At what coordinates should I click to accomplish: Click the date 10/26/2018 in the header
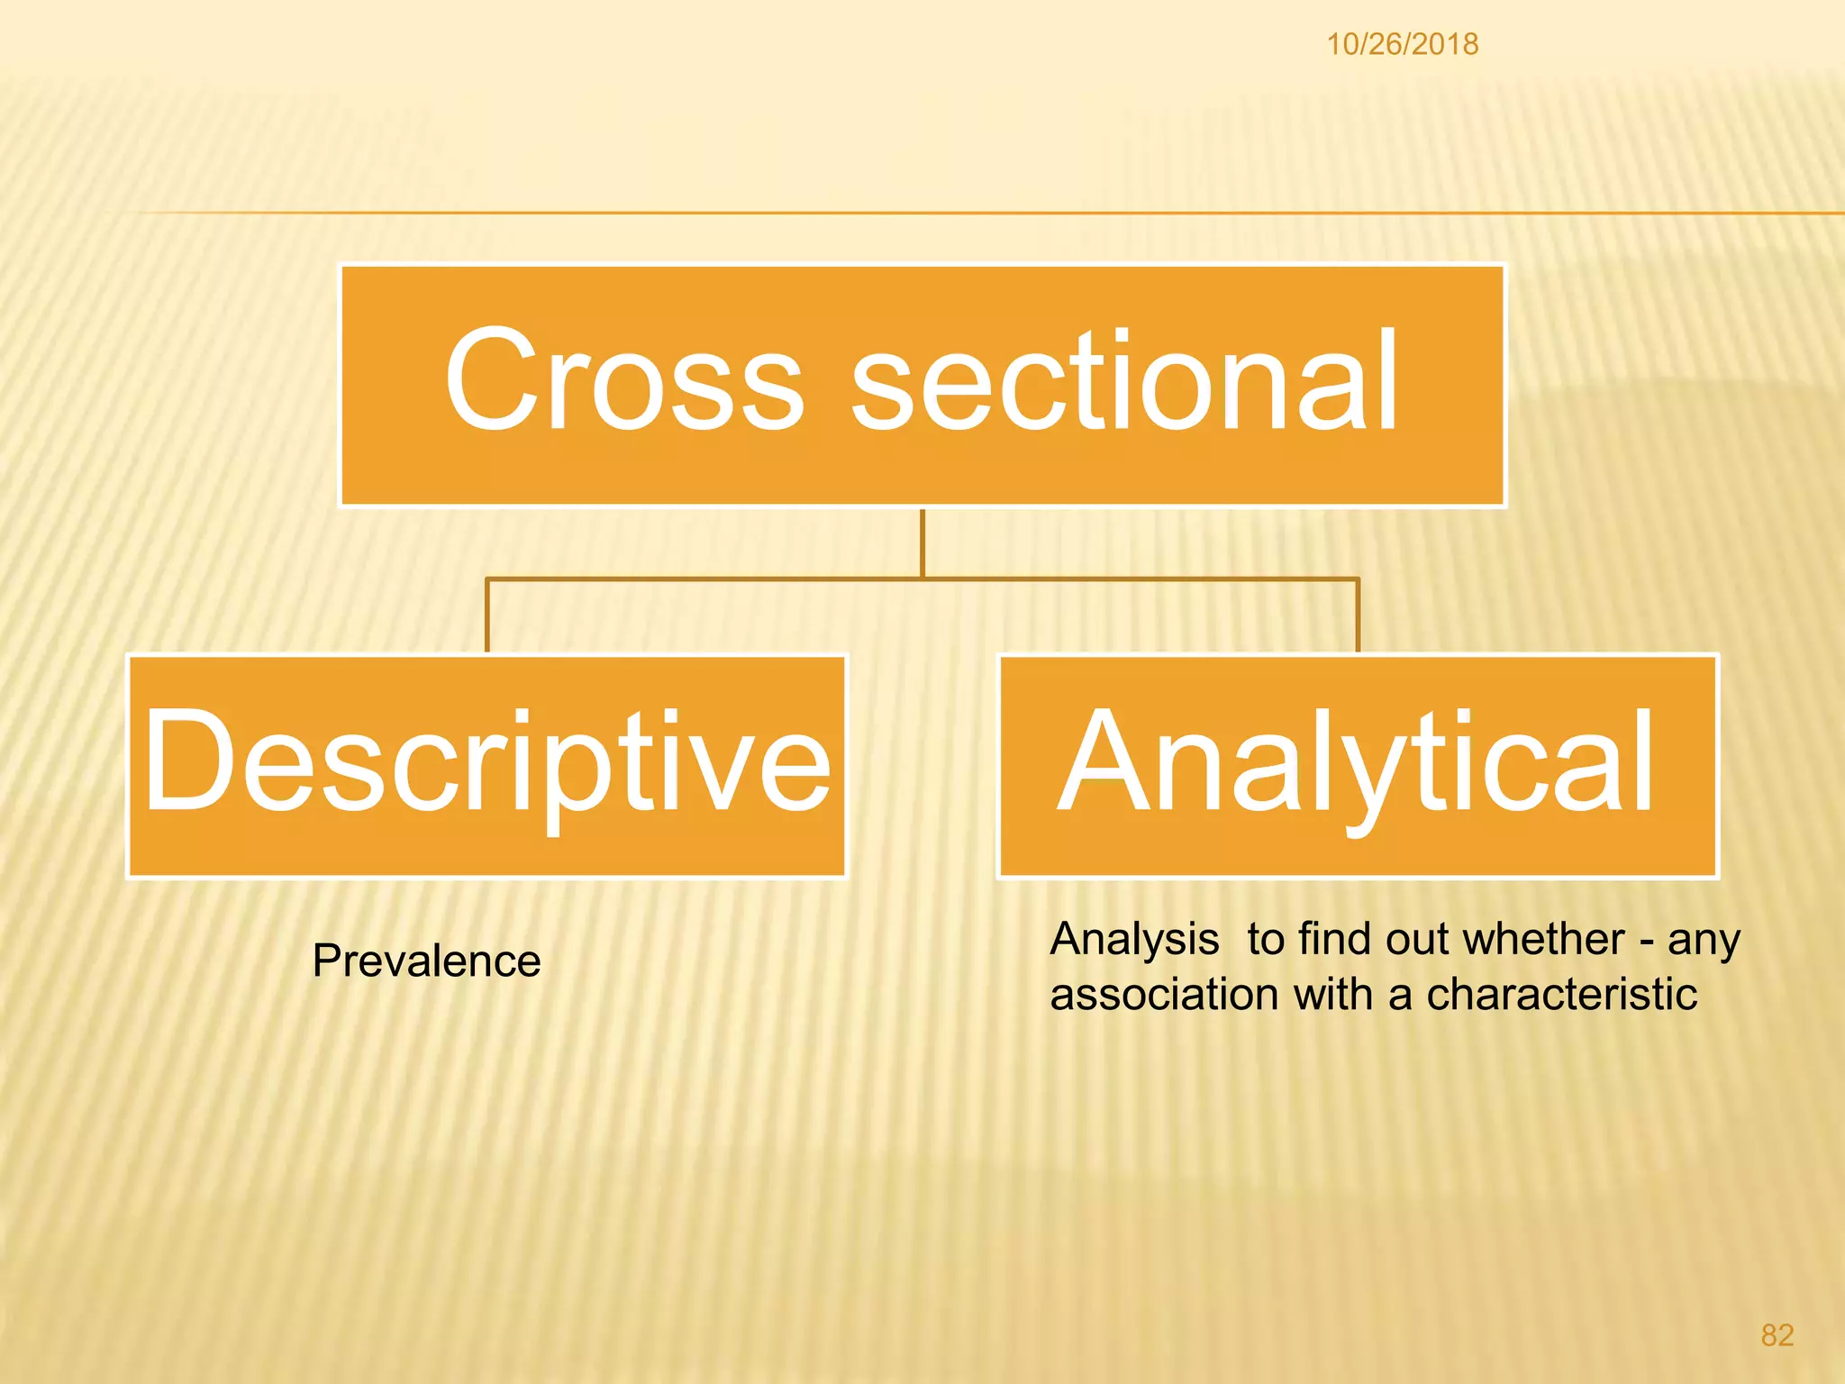[x=1402, y=44]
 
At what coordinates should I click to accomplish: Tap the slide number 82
[x=1777, y=1335]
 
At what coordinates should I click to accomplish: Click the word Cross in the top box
[x=623, y=380]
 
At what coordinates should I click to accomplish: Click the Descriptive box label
[x=486, y=762]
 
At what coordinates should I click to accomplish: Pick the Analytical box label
[x=1357, y=762]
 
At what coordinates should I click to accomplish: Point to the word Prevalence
[x=426, y=961]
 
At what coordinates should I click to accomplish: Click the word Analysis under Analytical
[x=1134, y=940]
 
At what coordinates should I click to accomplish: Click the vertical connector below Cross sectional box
[x=922, y=542]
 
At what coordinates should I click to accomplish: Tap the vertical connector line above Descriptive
[x=487, y=615]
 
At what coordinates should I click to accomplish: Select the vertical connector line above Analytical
[x=1358, y=615]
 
